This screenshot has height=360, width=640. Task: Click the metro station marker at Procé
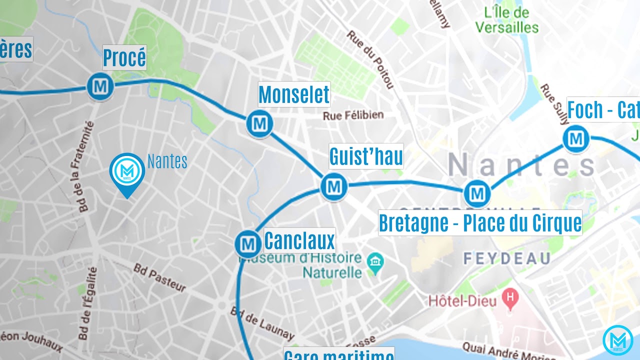[100, 86]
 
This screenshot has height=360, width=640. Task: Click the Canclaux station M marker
[248, 244]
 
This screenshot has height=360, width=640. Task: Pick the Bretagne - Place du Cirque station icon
[477, 193]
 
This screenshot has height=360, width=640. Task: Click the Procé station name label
[124, 58]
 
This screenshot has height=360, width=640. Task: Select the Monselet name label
[294, 94]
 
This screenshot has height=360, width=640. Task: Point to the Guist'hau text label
[366, 156]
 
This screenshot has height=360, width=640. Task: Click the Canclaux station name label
[299, 241]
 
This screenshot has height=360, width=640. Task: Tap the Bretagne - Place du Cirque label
[480, 223]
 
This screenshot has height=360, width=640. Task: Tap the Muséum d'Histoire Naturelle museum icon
[374, 261]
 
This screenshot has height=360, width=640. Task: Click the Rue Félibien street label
[353, 115]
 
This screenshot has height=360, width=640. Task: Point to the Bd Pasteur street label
[159, 277]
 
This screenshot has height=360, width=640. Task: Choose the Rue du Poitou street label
[370, 59]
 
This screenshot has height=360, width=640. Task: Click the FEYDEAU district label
[506, 258]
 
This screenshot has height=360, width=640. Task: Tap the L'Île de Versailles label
[507, 19]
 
